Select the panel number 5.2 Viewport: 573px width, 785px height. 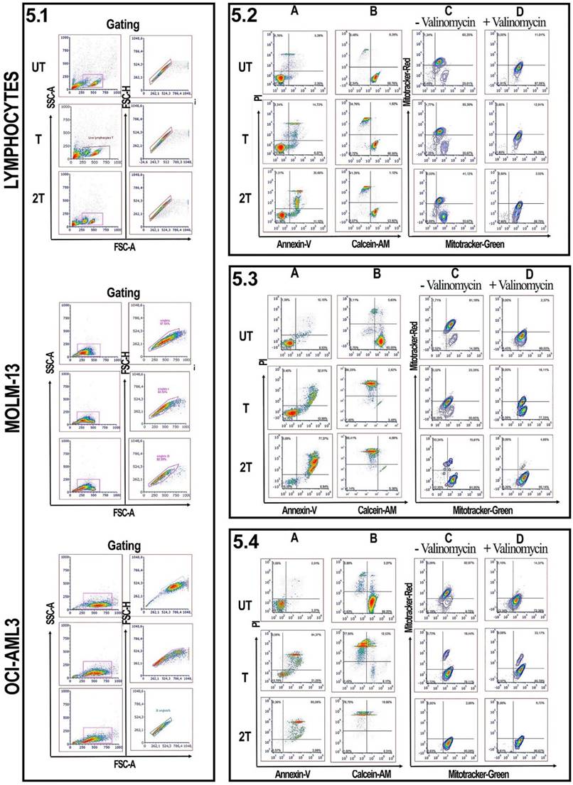tap(248, 12)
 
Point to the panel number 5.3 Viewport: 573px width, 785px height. tap(247, 277)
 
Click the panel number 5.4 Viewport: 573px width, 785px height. tap(248, 541)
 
